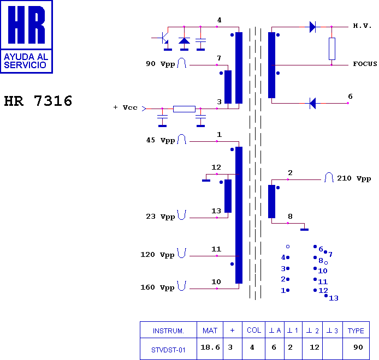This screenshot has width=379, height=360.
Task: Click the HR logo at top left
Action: click(26, 37)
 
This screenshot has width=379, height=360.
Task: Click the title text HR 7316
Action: click(38, 101)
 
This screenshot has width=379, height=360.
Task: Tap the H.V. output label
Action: click(362, 26)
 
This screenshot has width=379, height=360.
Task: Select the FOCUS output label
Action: click(365, 64)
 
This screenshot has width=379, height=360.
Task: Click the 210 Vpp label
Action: click(354, 178)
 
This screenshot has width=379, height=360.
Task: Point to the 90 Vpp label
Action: click(161, 64)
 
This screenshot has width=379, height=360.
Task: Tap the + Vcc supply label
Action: click(126, 107)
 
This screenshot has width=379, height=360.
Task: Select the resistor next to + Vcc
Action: click(184, 109)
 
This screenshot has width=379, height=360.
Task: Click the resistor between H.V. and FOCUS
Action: click(331, 49)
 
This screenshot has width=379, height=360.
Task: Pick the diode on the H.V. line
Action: click(312, 26)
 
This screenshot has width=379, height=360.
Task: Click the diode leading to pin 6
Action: click(312, 103)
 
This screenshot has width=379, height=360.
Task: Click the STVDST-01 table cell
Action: click(168, 350)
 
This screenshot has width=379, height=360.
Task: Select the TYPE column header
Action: click(356, 331)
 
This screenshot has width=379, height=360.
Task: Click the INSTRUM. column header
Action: click(168, 331)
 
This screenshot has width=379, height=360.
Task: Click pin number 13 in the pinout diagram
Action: click(334, 298)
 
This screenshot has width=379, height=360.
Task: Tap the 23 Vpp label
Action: click(161, 217)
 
